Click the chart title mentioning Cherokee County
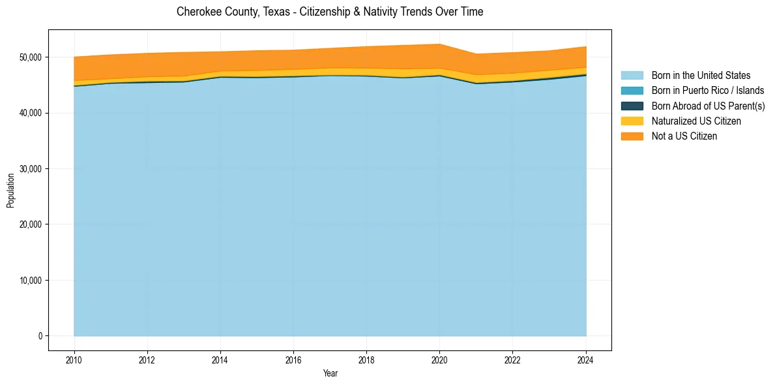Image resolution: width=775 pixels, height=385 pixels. (x=330, y=12)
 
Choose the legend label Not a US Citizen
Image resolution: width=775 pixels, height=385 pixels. (x=684, y=136)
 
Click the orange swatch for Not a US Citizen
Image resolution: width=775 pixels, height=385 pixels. (x=632, y=136)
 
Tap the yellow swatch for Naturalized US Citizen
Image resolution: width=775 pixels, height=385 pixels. (x=632, y=121)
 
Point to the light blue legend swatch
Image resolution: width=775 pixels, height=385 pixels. (x=632, y=76)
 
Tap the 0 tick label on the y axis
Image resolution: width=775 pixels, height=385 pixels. (x=40, y=336)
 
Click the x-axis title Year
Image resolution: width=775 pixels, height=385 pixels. (x=330, y=373)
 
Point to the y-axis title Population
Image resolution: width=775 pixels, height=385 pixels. (x=10, y=190)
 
